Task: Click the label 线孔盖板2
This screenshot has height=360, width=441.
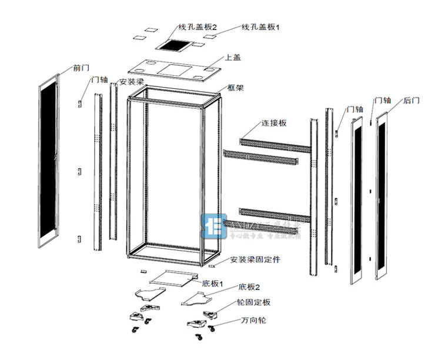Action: pos(198,27)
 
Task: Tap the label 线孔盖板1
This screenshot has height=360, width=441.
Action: pos(261,27)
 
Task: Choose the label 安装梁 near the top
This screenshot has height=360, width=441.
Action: pos(132,82)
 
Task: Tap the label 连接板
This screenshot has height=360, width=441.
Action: pos(274,123)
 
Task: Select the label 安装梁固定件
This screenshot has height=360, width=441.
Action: pos(255,259)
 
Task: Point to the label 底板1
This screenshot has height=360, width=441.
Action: pos(212,284)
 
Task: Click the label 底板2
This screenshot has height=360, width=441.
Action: pos(249,287)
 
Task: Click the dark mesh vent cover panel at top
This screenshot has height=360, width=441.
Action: pos(174,45)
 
